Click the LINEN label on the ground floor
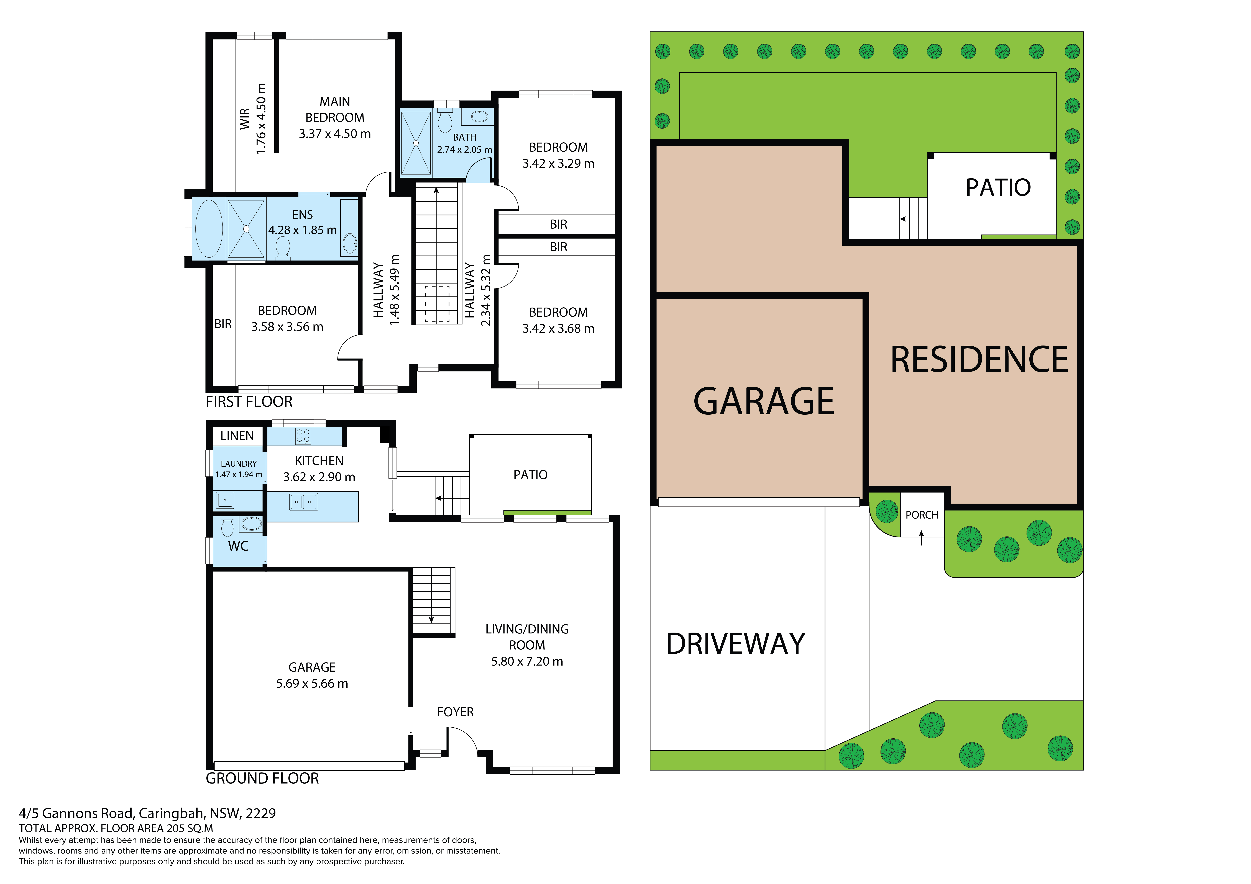(x=237, y=436)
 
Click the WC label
(x=238, y=546)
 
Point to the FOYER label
(x=456, y=712)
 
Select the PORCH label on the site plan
(x=922, y=515)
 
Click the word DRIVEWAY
(x=736, y=644)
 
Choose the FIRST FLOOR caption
(x=249, y=402)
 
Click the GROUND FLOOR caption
(x=262, y=778)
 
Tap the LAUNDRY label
(x=239, y=463)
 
